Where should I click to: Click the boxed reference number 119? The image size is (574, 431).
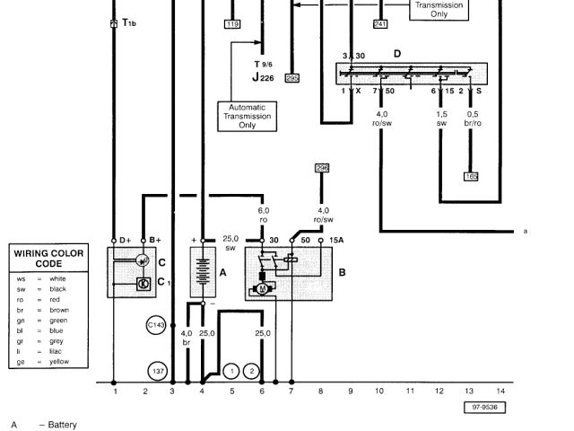[x=233, y=24]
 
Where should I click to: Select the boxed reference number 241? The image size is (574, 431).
[x=380, y=24]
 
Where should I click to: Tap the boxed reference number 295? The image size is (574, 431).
[x=291, y=78]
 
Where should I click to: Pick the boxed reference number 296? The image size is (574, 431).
[x=322, y=168]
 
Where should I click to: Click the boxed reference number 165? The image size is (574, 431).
[x=471, y=177]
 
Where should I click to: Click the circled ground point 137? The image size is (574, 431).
[x=159, y=370]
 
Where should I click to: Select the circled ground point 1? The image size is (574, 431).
[x=232, y=370]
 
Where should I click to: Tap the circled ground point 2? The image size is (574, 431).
[x=252, y=370]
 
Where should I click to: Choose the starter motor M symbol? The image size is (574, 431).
[x=264, y=288]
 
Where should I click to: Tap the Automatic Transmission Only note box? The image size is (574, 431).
[x=247, y=116]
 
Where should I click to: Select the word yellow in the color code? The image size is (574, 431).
[x=59, y=362]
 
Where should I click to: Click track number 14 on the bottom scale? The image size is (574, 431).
[x=500, y=391]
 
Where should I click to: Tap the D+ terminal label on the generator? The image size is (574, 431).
[x=123, y=240]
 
